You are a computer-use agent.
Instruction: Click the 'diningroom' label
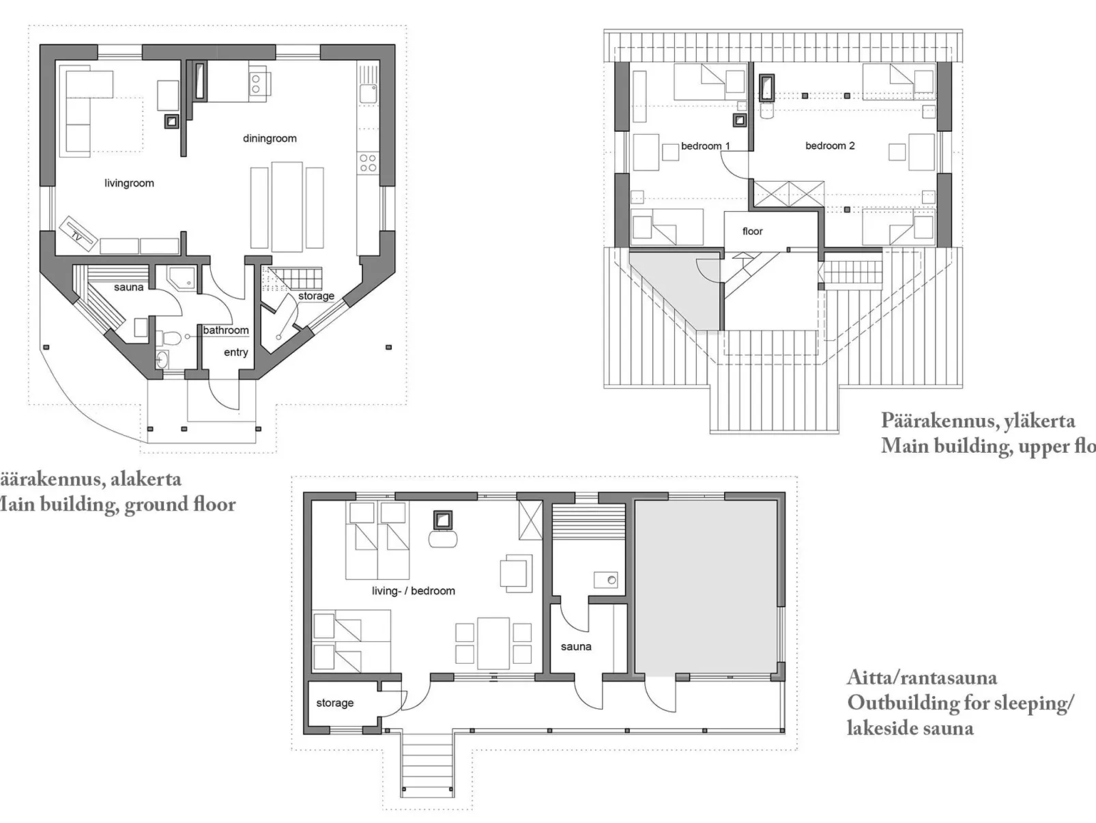point(270,139)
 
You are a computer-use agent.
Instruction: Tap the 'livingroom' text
point(129,183)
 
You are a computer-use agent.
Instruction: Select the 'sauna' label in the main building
point(128,288)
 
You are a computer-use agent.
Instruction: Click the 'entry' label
point(235,352)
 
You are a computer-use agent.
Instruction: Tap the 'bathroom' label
point(226,331)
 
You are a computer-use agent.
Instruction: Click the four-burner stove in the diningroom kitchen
point(368,163)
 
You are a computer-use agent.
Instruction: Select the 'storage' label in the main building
point(316,296)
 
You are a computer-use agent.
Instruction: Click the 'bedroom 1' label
point(705,146)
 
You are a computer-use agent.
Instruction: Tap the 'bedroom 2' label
point(829,145)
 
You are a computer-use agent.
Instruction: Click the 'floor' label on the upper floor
point(752,232)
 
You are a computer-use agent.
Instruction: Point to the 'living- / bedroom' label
point(413,591)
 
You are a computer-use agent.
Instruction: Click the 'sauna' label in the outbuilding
point(575,646)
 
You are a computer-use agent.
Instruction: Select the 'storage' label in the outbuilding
point(334,703)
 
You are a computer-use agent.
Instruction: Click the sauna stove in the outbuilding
point(605,581)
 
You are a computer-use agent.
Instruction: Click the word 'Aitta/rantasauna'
point(921,678)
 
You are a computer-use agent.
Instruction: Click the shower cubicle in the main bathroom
point(182,277)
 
